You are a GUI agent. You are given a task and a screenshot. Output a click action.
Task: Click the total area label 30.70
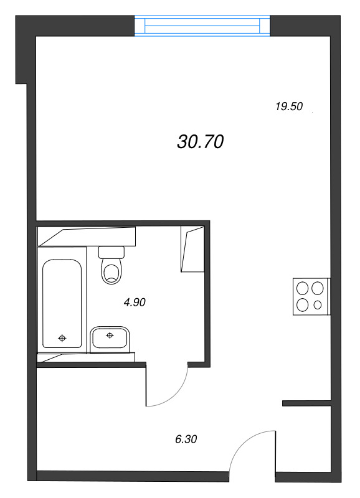(201, 142)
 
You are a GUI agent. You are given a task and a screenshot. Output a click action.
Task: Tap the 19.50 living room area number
(289, 106)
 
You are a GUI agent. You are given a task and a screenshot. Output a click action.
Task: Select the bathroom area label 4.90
(135, 302)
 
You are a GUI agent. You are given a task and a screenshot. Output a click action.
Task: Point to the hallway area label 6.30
(186, 439)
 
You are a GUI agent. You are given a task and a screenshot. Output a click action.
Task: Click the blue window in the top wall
(202, 26)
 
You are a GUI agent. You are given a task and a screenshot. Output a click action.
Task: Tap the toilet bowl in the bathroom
(111, 271)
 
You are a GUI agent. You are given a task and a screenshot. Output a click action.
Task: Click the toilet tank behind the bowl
(111, 252)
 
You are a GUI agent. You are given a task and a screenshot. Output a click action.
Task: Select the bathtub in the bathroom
(62, 304)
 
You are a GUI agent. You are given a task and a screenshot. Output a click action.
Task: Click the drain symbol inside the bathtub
(62, 338)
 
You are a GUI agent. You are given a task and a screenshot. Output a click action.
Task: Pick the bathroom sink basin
(109, 339)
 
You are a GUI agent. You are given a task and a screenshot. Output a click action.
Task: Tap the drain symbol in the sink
(110, 335)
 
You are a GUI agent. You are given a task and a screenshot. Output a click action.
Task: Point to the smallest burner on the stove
(318, 305)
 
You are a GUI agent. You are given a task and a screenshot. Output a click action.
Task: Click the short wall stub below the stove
(306, 403)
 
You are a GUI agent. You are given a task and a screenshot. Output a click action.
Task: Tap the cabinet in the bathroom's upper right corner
(192, 248)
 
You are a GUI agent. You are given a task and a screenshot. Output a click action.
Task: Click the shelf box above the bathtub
(87, 237)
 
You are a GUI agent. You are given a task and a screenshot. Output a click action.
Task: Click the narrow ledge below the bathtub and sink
(86, 357)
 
